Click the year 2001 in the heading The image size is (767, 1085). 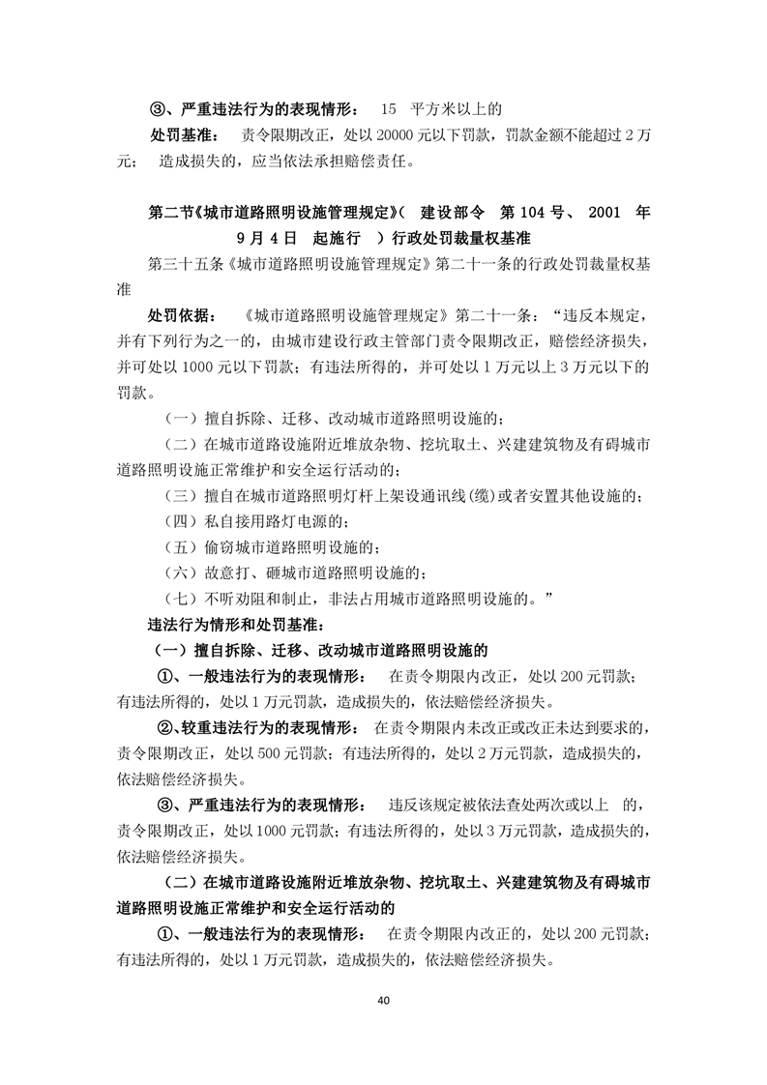[601, 211]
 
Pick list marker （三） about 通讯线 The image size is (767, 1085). [181, 497]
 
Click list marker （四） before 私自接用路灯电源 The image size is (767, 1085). [181, 523]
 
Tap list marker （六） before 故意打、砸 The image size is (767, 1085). [181, 574]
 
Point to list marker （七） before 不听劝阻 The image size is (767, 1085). [181, 601]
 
